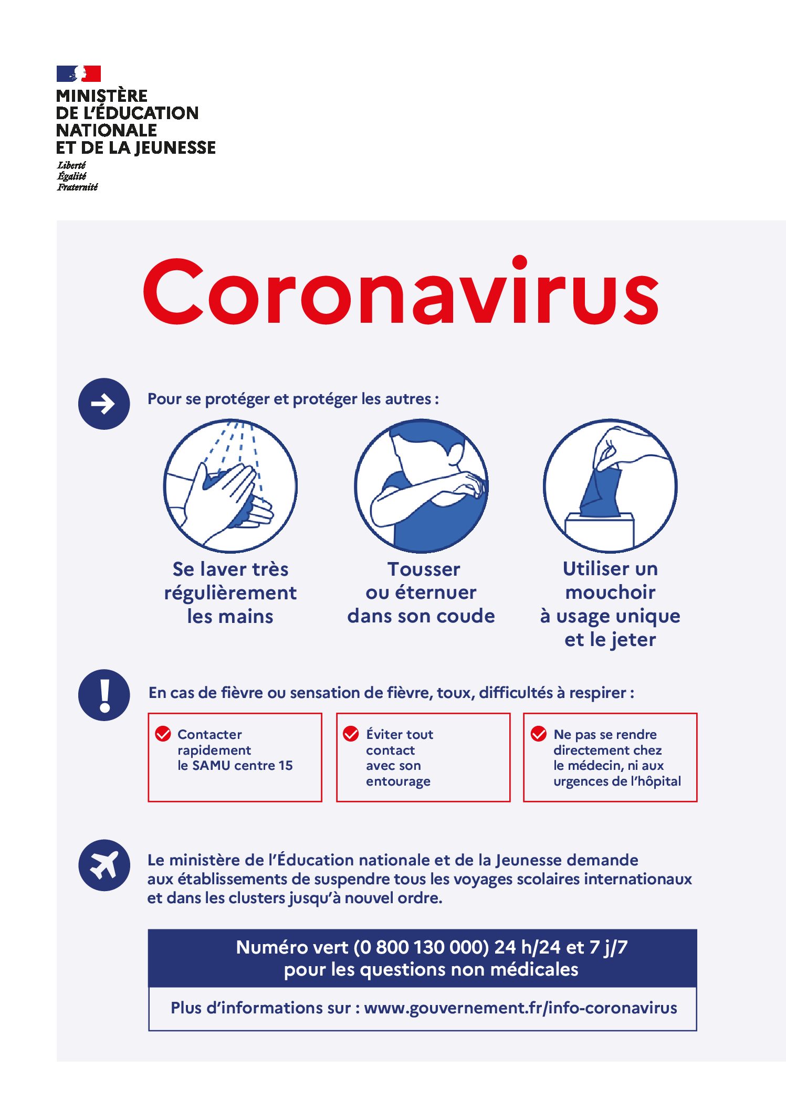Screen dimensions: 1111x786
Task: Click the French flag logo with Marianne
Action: click(79, 73)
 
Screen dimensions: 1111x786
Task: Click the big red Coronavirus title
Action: click(401, 292)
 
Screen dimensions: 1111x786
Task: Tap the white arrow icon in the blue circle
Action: click(103, 404)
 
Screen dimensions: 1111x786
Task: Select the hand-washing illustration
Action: click(230, 485)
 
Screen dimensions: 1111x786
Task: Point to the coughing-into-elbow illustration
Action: click(421, 485)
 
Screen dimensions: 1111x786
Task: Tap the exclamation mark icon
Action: click(104, 695)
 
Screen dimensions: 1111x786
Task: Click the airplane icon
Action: click(104, 865)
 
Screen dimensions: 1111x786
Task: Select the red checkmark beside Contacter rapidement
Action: click(163, 734)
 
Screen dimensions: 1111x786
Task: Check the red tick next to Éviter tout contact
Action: click(351, 734)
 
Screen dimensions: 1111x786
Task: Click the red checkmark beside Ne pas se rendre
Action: click(539, 734)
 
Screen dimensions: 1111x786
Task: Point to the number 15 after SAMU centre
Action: click(286, 766)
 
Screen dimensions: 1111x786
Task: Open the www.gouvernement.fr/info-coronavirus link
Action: click(520, 1008)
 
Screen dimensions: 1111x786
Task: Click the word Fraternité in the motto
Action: click(78, 187)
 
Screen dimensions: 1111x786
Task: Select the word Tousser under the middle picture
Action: click(424, 569)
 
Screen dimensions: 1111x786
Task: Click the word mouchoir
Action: click(610, 592)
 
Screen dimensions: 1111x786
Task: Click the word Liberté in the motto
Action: click(71, 165)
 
